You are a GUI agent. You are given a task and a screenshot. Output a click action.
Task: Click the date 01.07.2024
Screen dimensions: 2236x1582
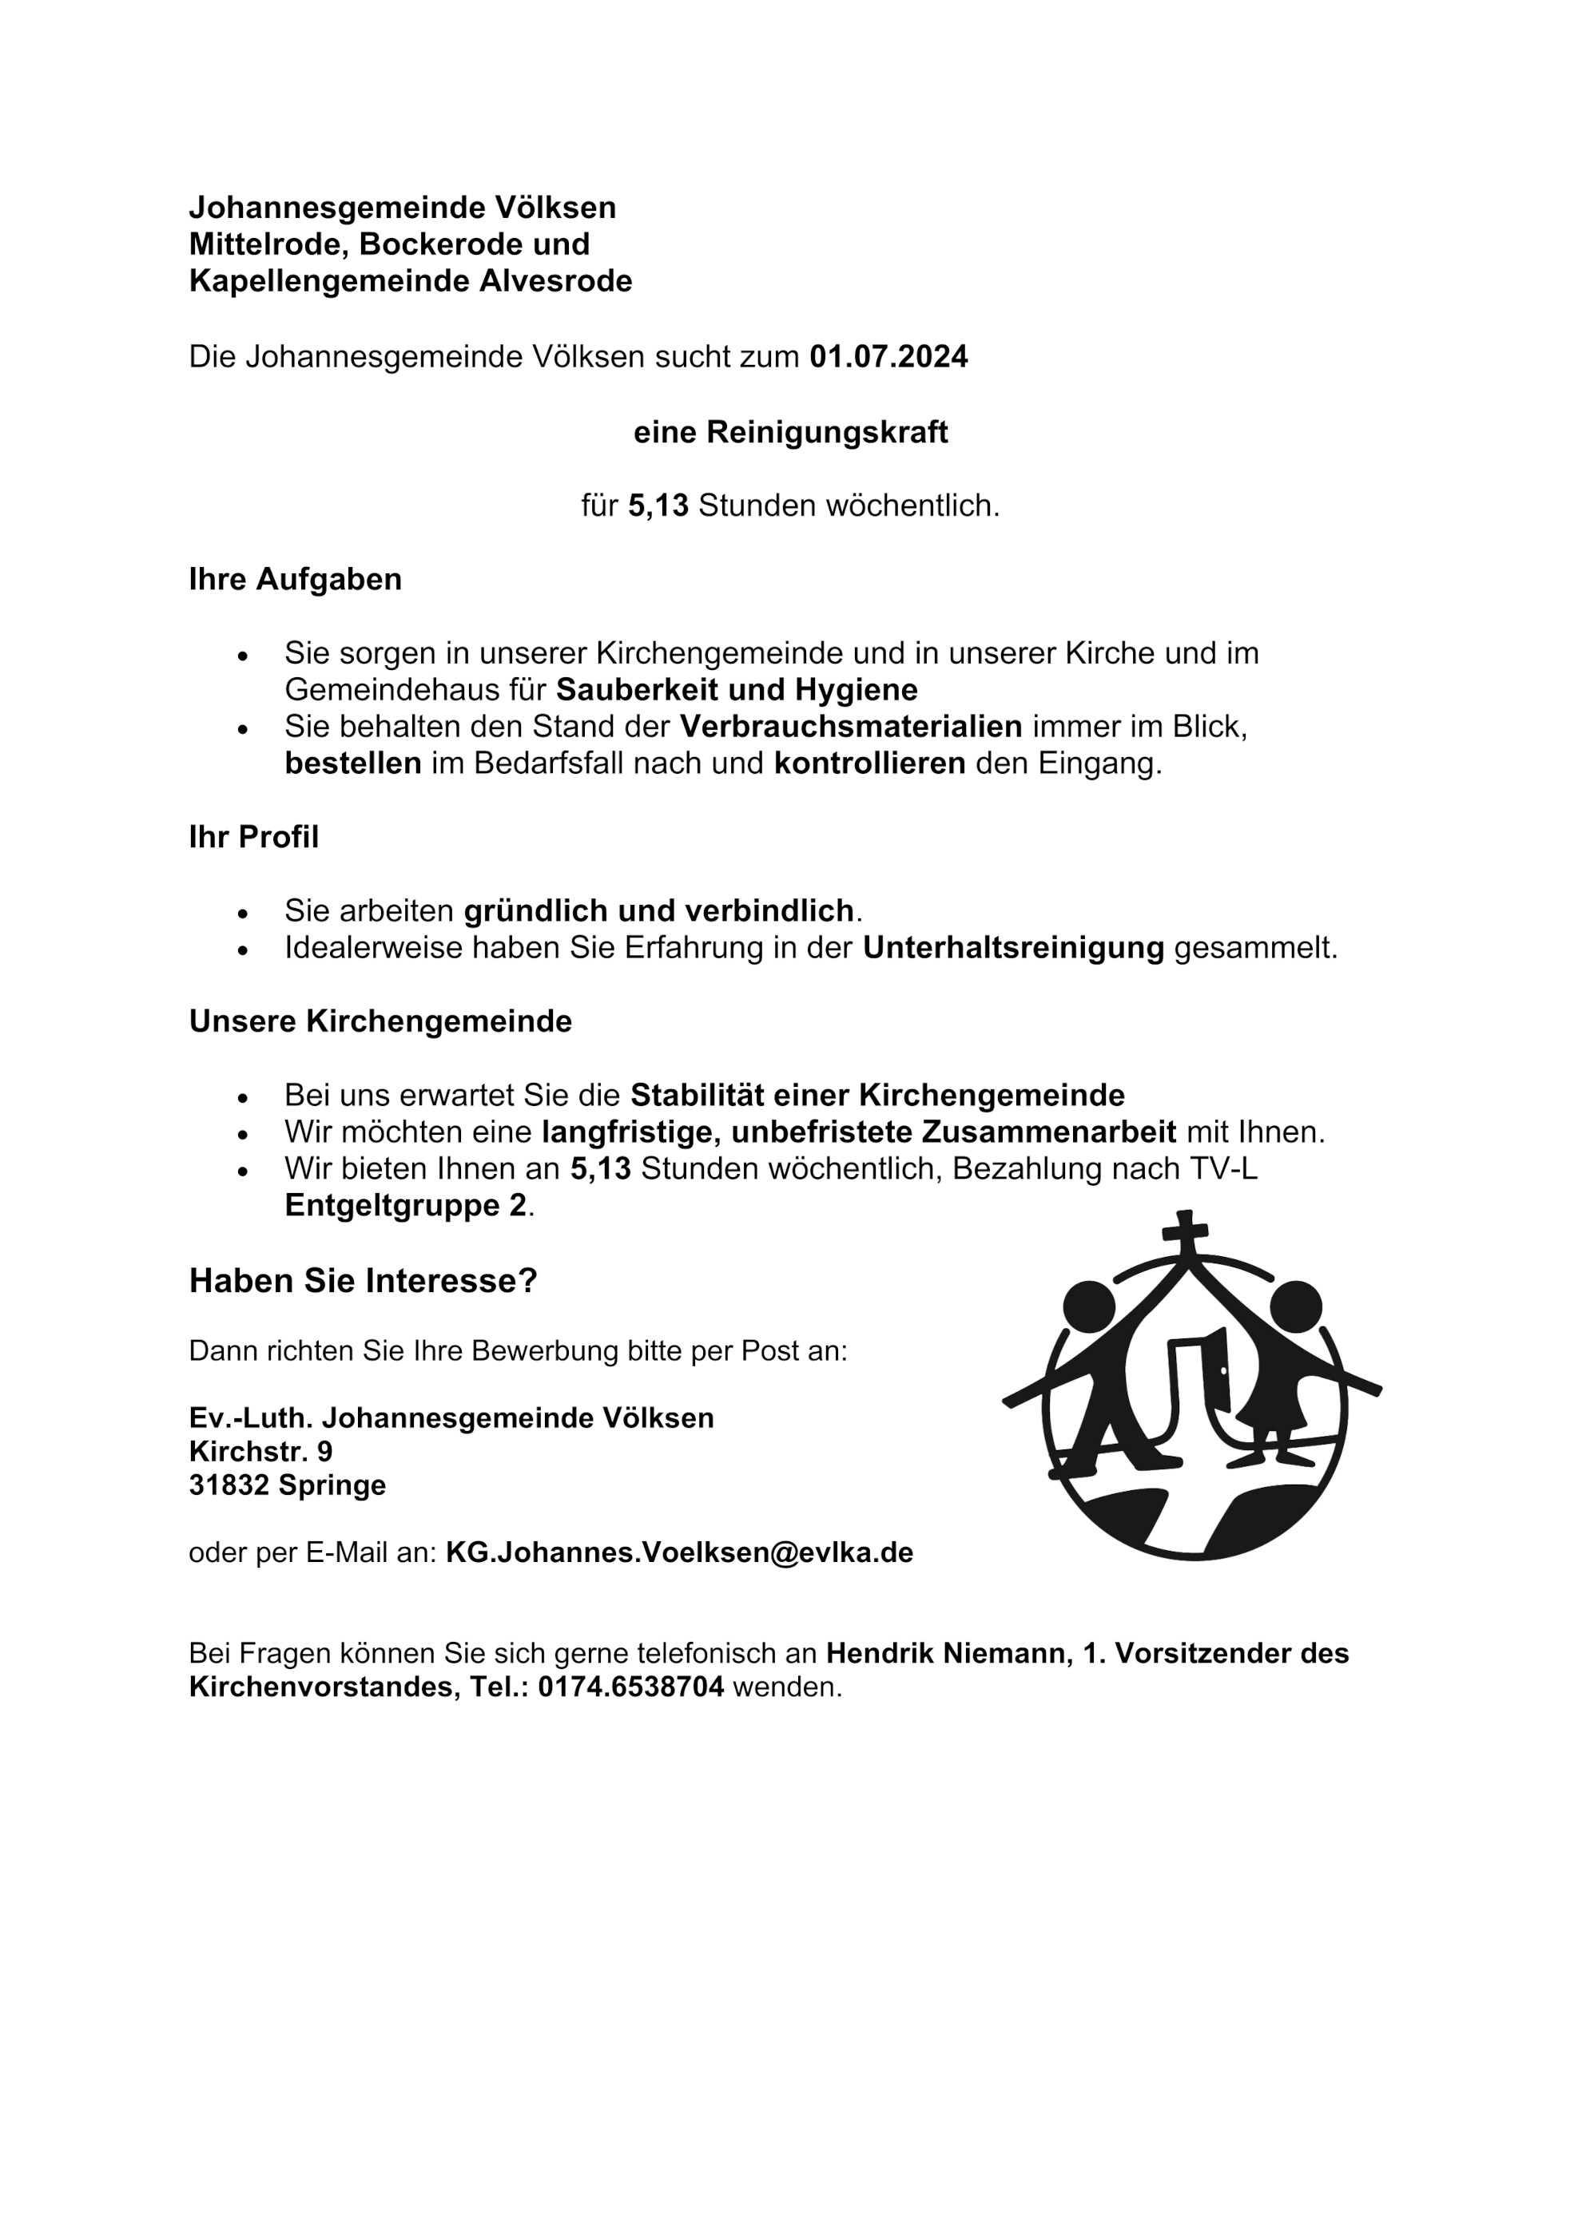pos(888,358)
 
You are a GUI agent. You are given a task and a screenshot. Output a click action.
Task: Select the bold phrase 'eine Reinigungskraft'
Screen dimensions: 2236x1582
pos(790,431)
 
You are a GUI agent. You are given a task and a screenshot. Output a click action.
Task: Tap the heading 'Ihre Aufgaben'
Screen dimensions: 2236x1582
pos(295,580)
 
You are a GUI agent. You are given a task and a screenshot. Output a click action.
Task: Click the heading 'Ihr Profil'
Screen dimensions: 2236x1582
pos(253,837)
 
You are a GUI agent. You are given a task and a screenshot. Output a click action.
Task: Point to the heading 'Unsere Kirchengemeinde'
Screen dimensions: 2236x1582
pos(380,1021)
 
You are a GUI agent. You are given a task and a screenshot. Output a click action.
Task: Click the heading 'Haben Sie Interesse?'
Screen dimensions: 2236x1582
pos(363,1281)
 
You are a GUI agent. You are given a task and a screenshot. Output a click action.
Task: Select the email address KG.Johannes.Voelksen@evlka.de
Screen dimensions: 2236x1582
pos(679,1552)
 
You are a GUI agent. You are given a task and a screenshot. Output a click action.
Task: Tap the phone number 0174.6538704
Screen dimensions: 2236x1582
pos(630,1686)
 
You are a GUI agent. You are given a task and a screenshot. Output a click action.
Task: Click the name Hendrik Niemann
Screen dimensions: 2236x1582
pos(945,1653)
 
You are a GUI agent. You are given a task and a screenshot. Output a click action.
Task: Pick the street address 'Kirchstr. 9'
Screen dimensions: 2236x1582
pos(260,1452)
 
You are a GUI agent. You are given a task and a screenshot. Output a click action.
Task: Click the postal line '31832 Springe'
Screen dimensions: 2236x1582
pos(288,1485)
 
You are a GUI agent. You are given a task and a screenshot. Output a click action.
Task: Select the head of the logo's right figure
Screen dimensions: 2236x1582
pos(1296,1305)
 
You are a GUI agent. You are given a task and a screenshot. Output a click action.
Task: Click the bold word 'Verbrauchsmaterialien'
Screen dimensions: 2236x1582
pos(850,727)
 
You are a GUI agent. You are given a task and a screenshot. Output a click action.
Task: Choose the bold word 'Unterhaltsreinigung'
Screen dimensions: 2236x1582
pos(1013,948)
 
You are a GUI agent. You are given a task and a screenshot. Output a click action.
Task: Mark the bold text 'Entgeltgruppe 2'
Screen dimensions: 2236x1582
pos(405,1206)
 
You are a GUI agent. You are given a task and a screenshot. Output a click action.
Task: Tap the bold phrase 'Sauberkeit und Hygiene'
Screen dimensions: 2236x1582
pos(737,689)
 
